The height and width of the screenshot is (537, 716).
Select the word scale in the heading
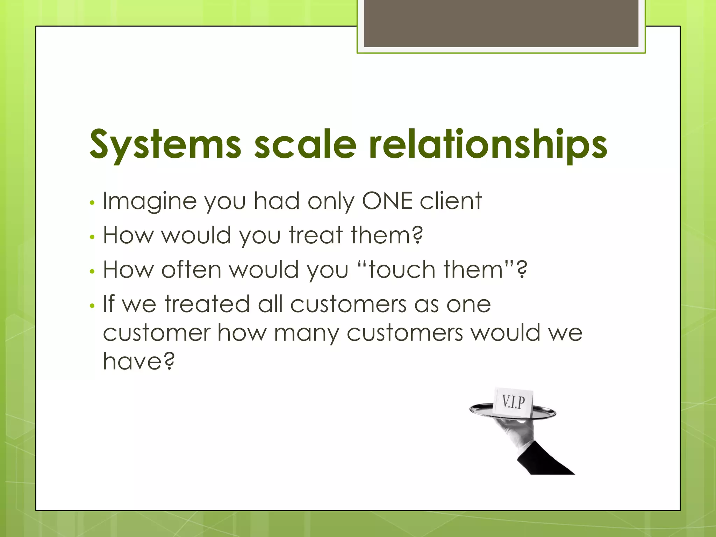[305, 144]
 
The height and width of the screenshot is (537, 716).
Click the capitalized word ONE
[387, 201]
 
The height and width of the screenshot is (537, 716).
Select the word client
[451, 201]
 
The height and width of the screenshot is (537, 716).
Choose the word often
[191, 270]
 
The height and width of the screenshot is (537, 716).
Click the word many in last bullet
[306, 333]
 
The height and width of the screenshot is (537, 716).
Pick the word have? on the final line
[138, 361]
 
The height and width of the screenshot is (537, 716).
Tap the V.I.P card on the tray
[513, 402]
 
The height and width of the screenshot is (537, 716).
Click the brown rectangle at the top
[501, 23]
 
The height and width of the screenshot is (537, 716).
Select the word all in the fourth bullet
[270, 304]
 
